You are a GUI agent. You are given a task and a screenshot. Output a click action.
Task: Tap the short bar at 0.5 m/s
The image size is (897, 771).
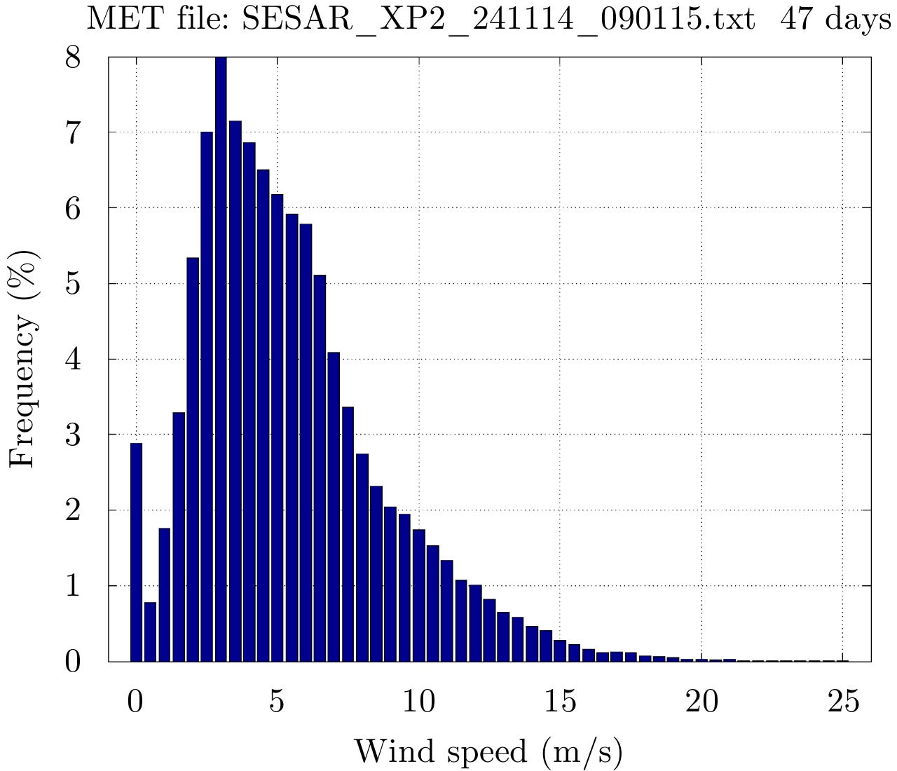(150, 632)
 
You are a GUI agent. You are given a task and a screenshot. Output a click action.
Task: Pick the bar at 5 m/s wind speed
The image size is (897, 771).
(278, 428)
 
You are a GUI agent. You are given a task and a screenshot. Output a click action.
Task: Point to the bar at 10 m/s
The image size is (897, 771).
(418, 595)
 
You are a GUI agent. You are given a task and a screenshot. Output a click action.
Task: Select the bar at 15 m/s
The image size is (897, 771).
(559, 650)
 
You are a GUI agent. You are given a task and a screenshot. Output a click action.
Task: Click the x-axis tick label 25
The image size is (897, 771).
(844, 702)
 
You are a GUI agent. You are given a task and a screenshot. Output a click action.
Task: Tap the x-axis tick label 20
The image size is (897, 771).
(702, 702)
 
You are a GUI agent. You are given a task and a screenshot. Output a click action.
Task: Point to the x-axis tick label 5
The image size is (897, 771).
(278, 702)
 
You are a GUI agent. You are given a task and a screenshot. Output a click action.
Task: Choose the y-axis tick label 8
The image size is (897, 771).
(73, 57)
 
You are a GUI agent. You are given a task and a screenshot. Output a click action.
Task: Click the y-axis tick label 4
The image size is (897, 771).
(73, 360)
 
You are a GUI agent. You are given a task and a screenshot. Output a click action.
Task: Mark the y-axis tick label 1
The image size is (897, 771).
(73, 586)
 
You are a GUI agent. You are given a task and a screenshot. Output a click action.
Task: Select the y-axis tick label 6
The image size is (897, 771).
(73, 208)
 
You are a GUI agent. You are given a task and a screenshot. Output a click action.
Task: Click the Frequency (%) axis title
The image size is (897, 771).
(25, 359)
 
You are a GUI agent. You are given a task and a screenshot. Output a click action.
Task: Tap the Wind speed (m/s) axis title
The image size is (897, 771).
(488, 751)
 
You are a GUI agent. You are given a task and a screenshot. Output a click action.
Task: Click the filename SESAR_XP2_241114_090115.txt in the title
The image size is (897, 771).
(498, 21)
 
